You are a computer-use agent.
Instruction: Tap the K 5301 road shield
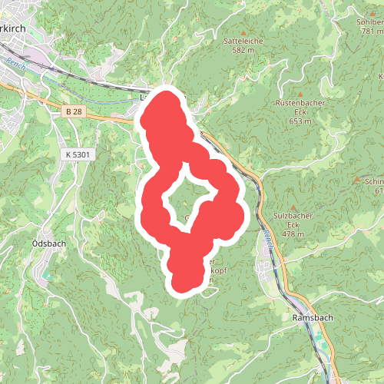[x=77, y=154]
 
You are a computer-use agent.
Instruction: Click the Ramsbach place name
[x=311, y=317]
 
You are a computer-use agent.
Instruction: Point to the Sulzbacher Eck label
[x=287, y=220]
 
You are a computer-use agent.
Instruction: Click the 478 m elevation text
[x=287, y=233]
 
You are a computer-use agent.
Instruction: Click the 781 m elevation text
[x=371, y=31]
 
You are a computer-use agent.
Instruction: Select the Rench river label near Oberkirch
[x=15, y=63]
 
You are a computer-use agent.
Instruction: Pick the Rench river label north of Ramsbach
[x=267, y=239]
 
